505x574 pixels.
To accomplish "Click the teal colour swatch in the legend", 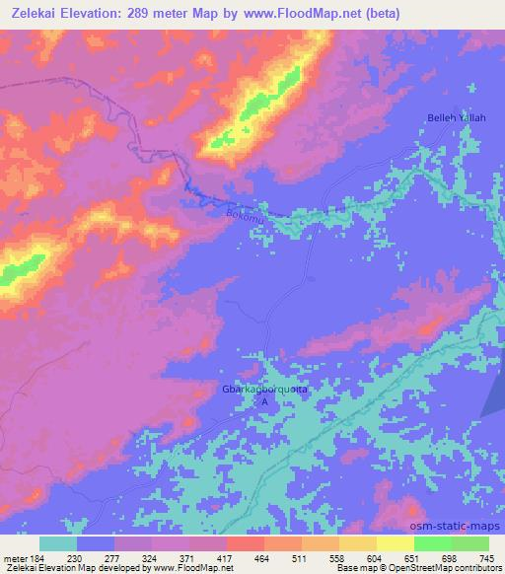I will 58,542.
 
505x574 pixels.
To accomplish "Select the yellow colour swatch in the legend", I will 395,542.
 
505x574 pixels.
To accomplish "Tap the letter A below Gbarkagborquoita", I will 263,401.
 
